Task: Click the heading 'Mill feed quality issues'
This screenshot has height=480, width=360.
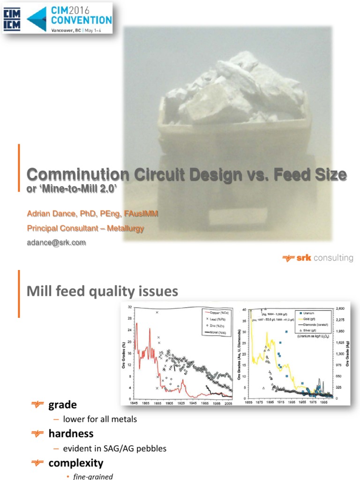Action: [x=103, y=292]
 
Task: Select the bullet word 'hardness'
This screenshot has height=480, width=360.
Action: [x=71, y=434]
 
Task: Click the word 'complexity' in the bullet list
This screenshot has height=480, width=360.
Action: [x=75, y=463]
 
